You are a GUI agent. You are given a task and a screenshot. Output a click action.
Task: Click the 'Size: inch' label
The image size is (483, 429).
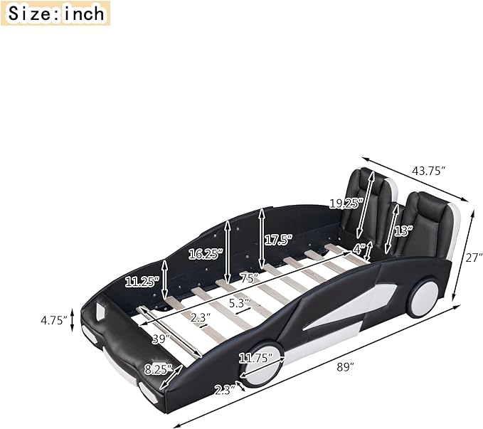55,14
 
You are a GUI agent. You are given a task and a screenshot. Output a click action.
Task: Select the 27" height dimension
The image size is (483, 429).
474,258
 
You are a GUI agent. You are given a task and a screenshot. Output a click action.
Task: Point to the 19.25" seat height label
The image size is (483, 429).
345,203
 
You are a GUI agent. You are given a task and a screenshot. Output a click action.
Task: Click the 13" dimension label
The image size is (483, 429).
403,231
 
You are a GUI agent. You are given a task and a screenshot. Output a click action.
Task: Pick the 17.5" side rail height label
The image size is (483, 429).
278,240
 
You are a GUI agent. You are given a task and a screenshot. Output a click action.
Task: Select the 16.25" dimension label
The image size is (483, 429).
206,254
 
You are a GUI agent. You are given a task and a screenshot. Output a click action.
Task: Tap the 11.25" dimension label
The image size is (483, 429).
142,282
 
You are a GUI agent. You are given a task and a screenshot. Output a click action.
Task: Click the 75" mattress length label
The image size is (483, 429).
249,277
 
